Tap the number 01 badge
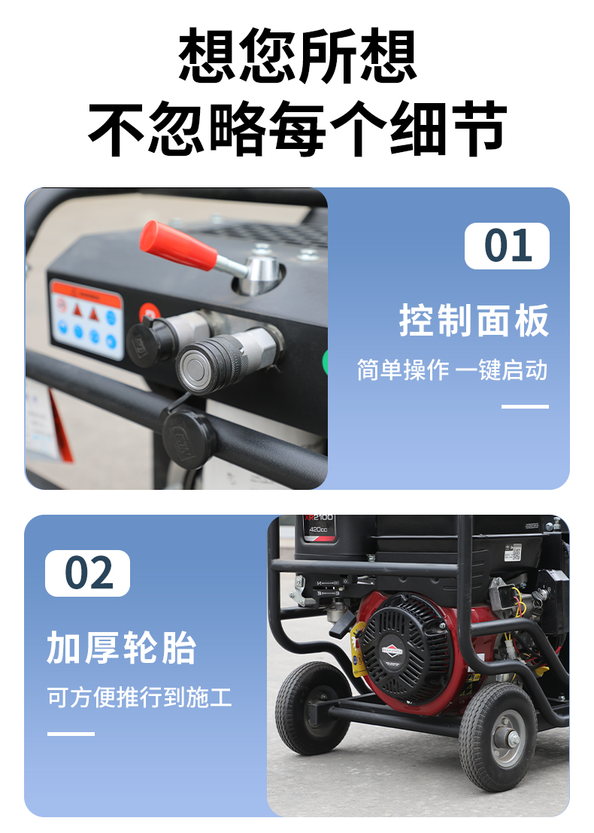tap(507, 246)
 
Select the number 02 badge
tap(88, 573)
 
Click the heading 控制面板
tap(474, 321)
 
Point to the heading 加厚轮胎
tap(122, 648)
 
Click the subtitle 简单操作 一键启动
tap(452, 370)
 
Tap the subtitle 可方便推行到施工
tap(140, 697)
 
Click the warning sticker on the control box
tap(86, 319)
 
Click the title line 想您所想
tap(297, 56)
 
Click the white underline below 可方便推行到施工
tap(71, 733)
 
